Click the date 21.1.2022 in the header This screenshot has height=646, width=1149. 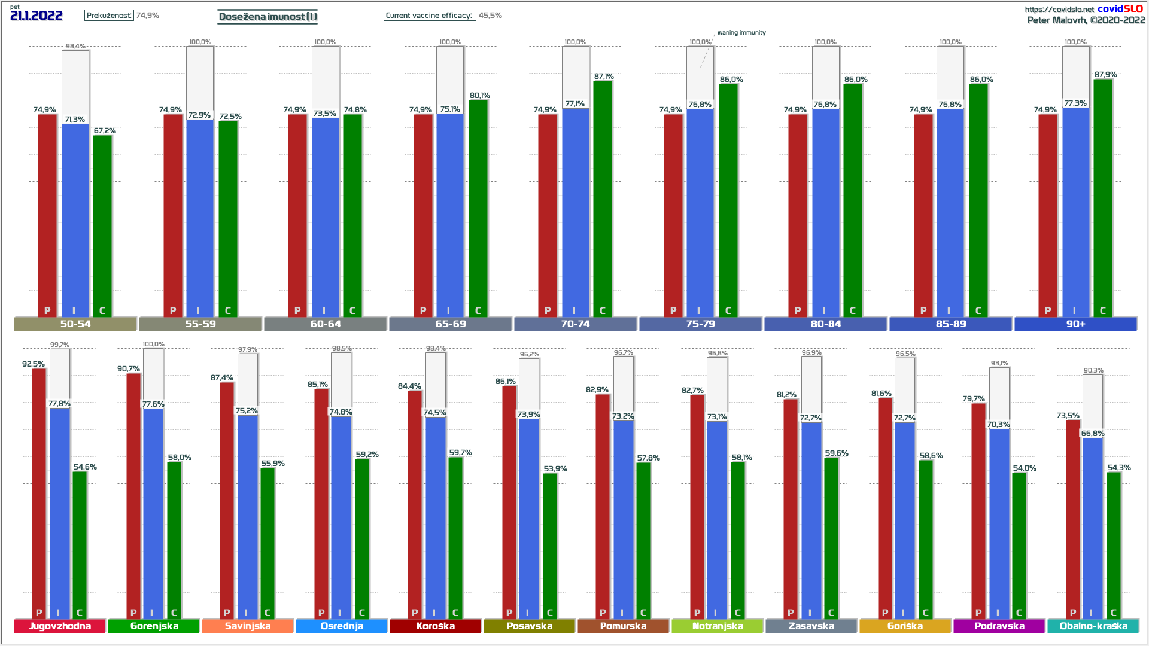click(37, 16)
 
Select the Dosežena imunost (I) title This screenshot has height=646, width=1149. click(268, 16)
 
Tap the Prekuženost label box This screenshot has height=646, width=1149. click(109, 15)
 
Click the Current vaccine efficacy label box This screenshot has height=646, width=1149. click(429, 15)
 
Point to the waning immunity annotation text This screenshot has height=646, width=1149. click(741, 33)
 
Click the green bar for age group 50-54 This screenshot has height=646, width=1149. click(102, 221)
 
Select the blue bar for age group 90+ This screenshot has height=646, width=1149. click(1075, 209)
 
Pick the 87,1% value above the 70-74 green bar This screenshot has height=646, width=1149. click(604, 77)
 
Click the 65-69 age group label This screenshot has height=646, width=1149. click(451, 324)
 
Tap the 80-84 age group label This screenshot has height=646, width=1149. click(826, 324)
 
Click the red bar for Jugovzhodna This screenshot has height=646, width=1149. click(39, 490)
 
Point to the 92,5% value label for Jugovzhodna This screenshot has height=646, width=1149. click(34, 364)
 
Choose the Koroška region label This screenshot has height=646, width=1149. click(435, 626)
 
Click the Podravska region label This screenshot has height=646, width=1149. click(999, 626)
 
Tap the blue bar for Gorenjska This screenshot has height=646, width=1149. click(153, 508)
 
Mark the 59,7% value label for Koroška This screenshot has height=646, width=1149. click(461, 453)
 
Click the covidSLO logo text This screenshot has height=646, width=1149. click(1120, 8)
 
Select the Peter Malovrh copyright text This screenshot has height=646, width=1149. click(1086, 20)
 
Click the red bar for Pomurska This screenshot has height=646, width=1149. click(603, 502)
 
